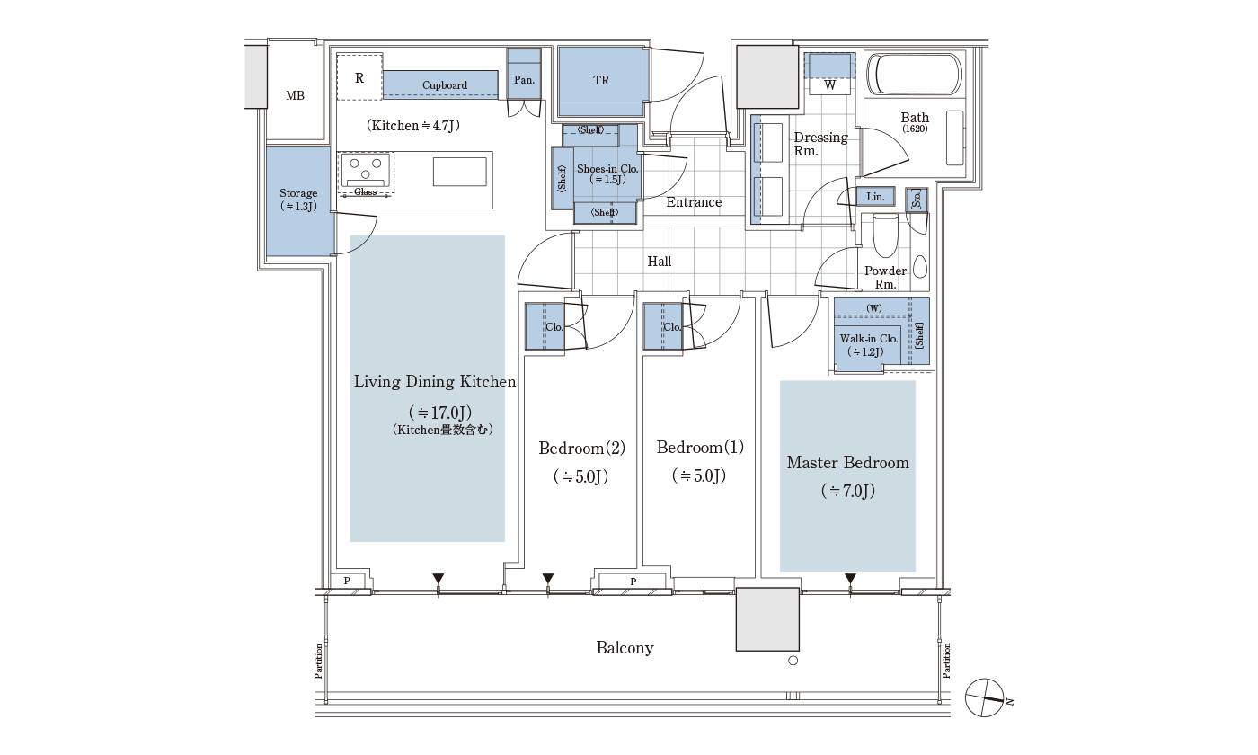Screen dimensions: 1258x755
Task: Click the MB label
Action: (x=295, y=95)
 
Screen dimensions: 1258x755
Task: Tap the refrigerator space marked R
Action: (x=359, y=77)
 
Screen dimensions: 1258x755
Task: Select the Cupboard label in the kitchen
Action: (x=445, y=85)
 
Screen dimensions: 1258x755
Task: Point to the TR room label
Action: (x=601, y=80)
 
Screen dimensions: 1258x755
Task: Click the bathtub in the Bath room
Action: (x=915, y=75)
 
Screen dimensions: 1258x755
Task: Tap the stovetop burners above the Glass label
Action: (x=366, y=169)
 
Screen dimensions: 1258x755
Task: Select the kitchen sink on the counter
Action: (x=459, y=172)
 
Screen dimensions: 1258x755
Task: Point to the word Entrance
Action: (x=694, y=202)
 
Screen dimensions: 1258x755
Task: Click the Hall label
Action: (x=660, y=262)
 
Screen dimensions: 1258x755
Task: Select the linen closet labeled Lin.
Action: (x=875, y=197)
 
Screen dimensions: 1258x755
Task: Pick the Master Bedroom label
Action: (x=848, y=463)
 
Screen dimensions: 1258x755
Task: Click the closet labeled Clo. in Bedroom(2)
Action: (x=545, y=326)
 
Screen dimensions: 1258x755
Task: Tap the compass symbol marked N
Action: (x=985, y=697)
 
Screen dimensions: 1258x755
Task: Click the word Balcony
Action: (x=625, y=648)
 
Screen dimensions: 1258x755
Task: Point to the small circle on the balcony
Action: (x=793, y=661)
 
